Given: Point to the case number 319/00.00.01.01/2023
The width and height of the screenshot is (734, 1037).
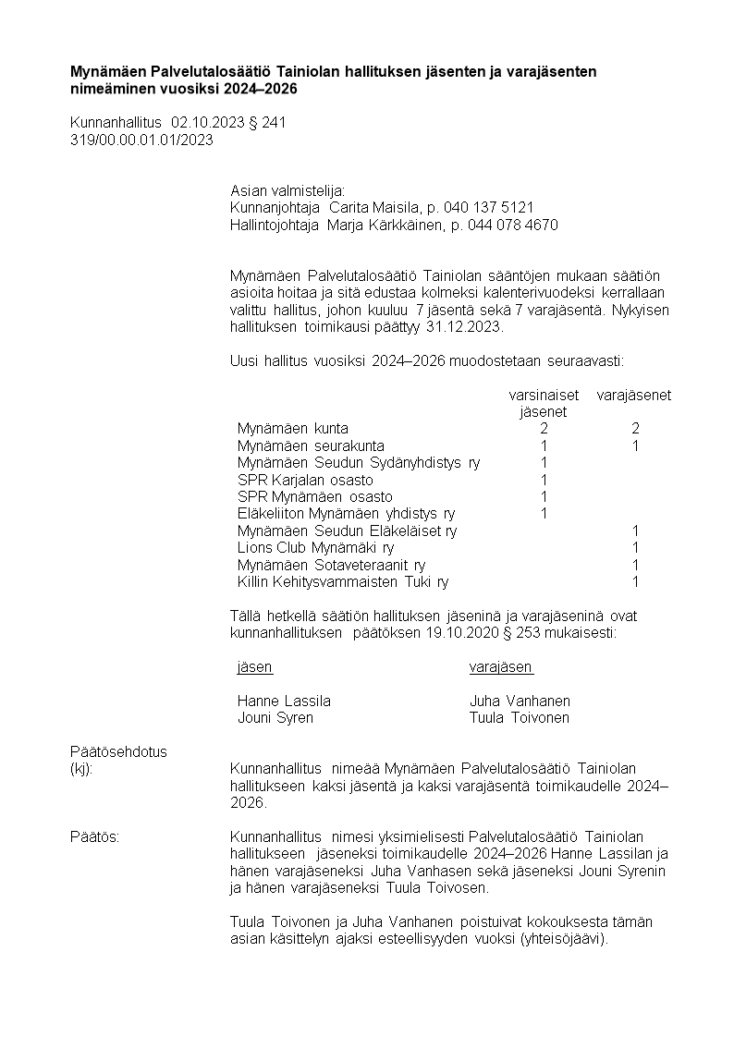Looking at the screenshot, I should (x=141, y=140).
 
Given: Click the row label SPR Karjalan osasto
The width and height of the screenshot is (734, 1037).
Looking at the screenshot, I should (x=305, y=480).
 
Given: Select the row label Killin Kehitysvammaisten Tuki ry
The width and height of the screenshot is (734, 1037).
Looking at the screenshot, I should (x=343, y=582).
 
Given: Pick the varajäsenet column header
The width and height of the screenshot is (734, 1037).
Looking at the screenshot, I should (x=634, y=396).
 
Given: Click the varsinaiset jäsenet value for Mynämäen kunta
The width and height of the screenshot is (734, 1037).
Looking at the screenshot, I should (x=544, y=429).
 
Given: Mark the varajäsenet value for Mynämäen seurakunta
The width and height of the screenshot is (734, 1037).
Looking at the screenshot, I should (x=635, y=446).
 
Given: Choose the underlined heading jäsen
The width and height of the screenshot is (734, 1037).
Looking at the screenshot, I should (x=254, y=667).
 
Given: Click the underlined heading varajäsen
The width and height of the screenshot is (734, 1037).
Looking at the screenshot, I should (x=501, y=667).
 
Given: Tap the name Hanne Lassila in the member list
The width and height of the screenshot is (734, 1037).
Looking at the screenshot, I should (x=284, y=701).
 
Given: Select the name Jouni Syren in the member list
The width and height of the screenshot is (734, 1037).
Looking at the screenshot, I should (x=275, y=718).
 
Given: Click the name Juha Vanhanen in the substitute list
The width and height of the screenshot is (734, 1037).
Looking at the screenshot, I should (x=520, y=701).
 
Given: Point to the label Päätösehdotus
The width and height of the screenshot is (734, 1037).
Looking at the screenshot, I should (x=118, y=751).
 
